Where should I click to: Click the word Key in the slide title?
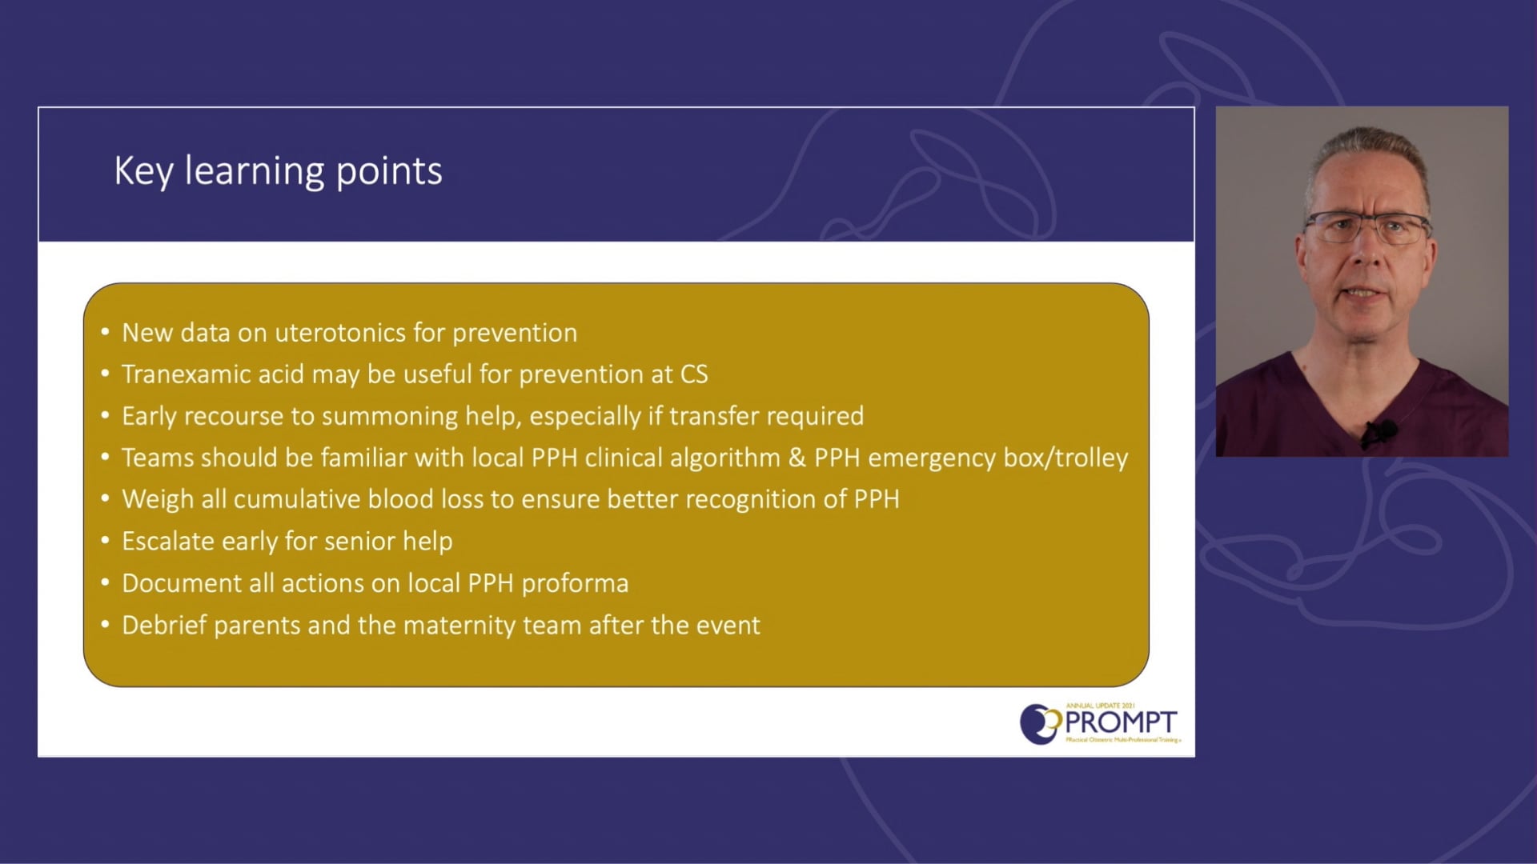143,171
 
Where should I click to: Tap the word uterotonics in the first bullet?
340,333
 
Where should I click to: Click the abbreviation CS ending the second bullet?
694,374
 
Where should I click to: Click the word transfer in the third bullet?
715,416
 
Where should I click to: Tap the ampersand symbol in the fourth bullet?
797,458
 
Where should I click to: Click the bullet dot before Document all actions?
105,583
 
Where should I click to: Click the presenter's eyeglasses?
1366,228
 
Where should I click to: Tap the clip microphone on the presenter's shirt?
1379,433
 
